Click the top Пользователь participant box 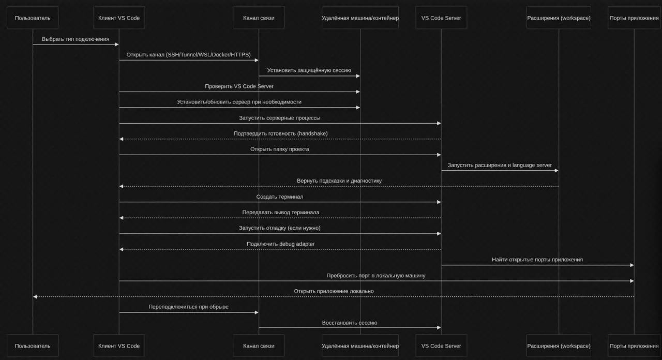(33, 18)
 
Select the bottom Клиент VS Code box (119, 346)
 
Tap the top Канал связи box (259, 18)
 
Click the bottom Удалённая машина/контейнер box (360, 346)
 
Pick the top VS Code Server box (441, 18)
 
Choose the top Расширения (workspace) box (559, 18)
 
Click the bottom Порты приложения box (634, 346)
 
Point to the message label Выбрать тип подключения (76, 39)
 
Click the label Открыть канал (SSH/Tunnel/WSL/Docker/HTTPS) (188, 54)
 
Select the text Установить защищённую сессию (309, 70)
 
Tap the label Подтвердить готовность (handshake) (280, 133)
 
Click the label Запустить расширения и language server (500, 165)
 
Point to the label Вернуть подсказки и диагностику (339, 181)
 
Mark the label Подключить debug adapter (280, 244)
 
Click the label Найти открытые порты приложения (537, 260)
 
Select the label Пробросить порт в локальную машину (376, 275)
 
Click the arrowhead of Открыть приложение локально (35, 296)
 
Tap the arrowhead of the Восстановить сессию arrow (439, 328)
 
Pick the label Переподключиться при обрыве (188, 307)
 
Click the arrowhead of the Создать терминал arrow (439, 202)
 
